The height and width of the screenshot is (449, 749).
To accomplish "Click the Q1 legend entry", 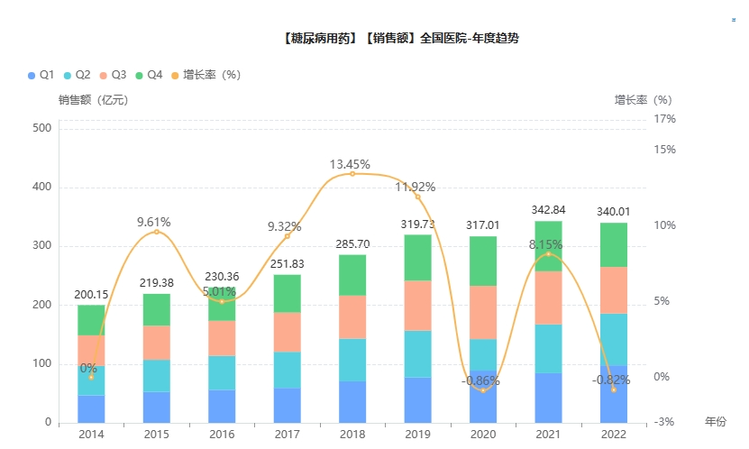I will coord(42,74).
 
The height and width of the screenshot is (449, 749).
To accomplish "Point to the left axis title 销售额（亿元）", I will coord(94,100).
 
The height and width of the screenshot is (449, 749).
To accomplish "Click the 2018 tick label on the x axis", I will coord(352,435).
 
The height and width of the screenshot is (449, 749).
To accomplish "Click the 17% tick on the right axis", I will coord(665,119).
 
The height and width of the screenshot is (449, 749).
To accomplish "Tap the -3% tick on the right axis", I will coord(665,422).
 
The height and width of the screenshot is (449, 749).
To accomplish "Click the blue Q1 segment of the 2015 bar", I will coord(156,407).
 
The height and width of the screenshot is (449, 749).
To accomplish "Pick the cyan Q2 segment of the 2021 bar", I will coord(548,348).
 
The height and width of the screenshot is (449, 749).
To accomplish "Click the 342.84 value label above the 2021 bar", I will coord(548,210).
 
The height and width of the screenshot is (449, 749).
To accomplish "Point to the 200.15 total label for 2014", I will coord(91,294).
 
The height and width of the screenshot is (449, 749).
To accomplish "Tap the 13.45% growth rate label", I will coord(350,164).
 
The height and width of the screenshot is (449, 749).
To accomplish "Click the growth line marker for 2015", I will coord(156,232).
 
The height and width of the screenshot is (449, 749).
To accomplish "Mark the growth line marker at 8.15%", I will coord(548,253).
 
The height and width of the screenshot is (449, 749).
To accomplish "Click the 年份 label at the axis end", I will coord(715,422).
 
